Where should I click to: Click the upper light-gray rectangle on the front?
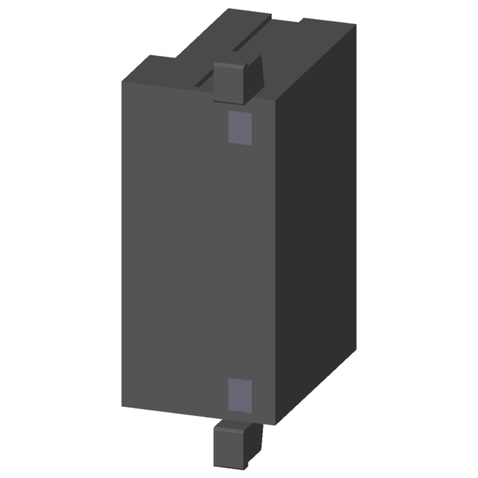coord(240,128)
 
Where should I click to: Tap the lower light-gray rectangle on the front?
coord(240,395)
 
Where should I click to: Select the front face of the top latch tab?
coord(229,83)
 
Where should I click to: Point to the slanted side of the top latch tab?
coord(253,78)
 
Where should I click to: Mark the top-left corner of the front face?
coord(123,82)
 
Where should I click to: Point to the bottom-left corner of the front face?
coord(123,407)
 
